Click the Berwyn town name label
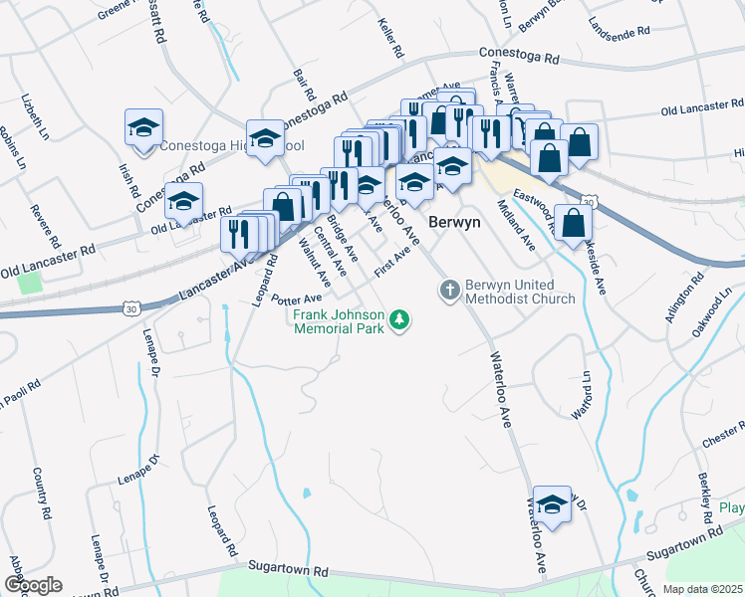(x=454, y=223)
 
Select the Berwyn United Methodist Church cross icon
(x=449, y=290)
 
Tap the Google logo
(x=33, y=585)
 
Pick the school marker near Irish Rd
(x=143, y=129)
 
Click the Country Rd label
(x=41, y=493)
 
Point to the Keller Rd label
(x=390, y=36)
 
